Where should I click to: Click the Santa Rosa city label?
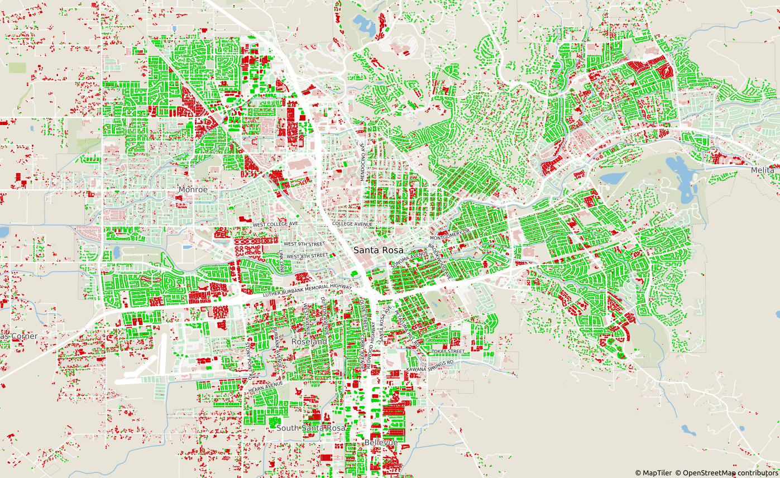point(378,251)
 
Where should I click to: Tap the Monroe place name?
point(193,190)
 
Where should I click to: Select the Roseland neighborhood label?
point(309,341)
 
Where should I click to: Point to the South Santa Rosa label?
point(311,428)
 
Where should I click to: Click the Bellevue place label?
point(381,442)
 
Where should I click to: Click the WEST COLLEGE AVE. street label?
point(276,224)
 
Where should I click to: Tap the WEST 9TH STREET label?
point(304,244)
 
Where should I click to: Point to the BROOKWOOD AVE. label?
point(439,260)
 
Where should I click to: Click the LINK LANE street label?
point(281,261)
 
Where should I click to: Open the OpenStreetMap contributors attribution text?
point(726,473)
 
